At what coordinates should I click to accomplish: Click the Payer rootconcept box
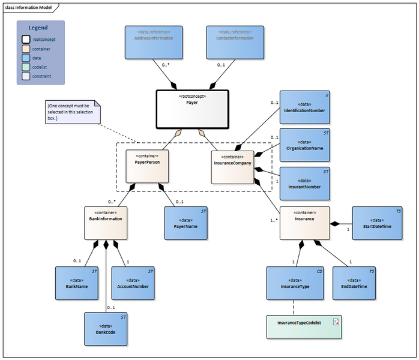coord(192,109)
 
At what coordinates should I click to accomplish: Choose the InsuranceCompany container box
coord(232,166)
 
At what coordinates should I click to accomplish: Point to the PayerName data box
coord(186,223)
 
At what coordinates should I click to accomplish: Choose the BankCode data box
coord(106,328)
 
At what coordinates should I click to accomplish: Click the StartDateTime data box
coord(376,223)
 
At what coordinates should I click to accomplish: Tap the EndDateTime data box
coord(355,284)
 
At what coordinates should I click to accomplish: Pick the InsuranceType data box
coord(295,284)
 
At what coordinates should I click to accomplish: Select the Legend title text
coord(39,28)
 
